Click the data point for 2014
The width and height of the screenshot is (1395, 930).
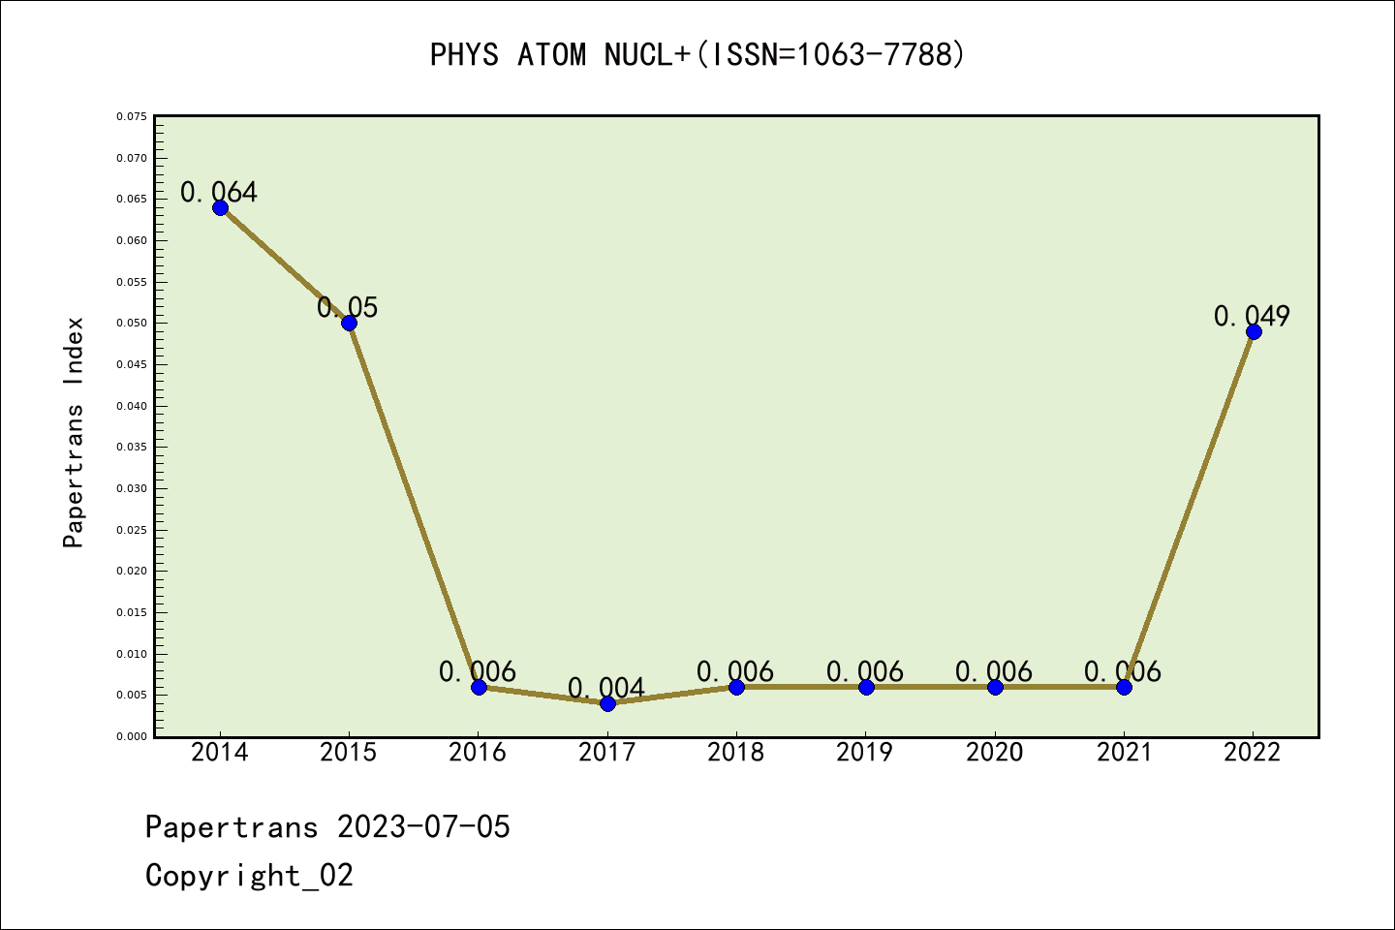coord(220,207)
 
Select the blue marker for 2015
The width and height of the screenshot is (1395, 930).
coord(349,323)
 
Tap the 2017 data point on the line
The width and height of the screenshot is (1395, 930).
coord(607,703)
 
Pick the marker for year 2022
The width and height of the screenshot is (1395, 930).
coord(1254,331)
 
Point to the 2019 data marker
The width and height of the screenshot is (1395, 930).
coord(866,687)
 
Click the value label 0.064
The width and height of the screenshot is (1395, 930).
coord(219,192)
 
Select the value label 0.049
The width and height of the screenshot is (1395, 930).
coord(1252,316)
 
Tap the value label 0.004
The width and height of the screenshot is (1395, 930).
coord(606,688)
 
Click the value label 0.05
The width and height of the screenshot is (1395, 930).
coord(348,307)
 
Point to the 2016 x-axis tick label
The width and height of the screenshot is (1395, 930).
coord(478,753)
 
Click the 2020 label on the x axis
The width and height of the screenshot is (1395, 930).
coord(995,753)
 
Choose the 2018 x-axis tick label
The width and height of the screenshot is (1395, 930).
coord(736,753)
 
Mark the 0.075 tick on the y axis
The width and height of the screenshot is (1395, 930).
coord(132,116)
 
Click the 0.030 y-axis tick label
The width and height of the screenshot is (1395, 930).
coord(132,488)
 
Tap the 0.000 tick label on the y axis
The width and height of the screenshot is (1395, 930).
coord(132,736)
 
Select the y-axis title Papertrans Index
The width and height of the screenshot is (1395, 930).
coord(74,432)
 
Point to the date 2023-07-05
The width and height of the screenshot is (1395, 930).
coord(423,826)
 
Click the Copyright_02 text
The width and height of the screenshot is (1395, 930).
coord(249,875)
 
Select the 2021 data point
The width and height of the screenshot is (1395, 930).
coord(1124,687)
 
